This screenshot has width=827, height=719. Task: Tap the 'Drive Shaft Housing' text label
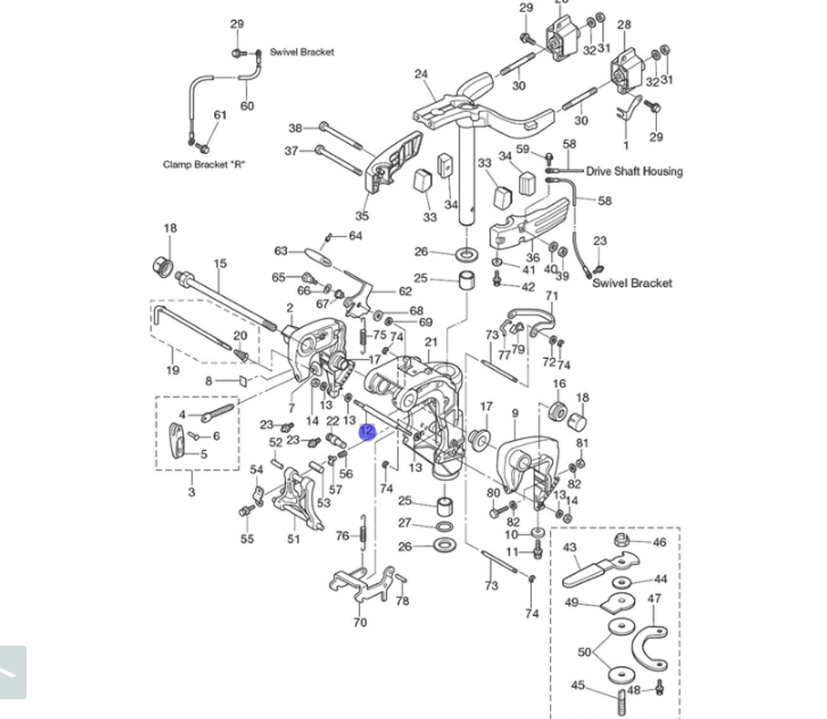(x=634, y=171)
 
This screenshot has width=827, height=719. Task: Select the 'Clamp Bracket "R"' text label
(x=203, y=165)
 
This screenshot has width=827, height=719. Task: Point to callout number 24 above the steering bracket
(x=421, y=74)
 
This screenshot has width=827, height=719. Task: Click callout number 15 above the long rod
(x=220, y=264)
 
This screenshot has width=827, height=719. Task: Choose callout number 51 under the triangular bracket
(x=294, y=539)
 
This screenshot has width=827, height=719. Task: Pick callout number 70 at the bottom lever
(x=360, y=621)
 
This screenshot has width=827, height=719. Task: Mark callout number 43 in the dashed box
(x=570, y=548)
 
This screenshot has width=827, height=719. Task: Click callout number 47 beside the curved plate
(x=654, y=599)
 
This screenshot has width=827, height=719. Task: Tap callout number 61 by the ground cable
(x=220, y=115)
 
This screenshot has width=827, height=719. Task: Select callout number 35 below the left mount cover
(x=362, y=216)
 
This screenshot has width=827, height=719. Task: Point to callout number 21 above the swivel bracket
(x=431, y=343)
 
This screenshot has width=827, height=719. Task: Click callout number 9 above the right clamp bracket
(x=515, y=413)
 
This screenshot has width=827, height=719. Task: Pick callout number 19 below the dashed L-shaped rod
(x=172, y=370)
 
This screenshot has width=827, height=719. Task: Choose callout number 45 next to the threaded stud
(x=578, y=685)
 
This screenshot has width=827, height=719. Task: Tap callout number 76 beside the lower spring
(x=342, y=536)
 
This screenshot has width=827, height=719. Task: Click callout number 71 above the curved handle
(x=552, y=296)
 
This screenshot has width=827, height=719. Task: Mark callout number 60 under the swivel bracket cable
(x=247, y=106)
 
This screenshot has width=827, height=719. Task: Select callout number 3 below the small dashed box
(x=192, y=492)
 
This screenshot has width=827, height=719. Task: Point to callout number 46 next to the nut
(x=659, y=543)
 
